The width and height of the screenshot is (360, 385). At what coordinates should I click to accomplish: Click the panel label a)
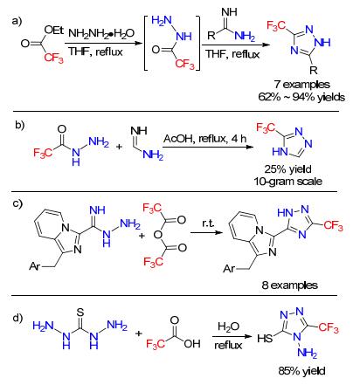[17, 21]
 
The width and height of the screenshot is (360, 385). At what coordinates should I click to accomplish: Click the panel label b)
[20, 125]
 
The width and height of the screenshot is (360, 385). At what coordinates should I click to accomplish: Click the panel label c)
[17, 203]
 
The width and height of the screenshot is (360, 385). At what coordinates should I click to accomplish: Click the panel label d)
[17, 318]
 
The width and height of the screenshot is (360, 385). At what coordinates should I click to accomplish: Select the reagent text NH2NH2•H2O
[101, 33]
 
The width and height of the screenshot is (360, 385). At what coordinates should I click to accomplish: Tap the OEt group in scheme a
[54, 30]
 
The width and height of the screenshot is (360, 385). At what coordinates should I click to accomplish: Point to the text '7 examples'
[302, 85]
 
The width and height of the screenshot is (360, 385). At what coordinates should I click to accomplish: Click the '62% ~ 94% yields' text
[301, 97]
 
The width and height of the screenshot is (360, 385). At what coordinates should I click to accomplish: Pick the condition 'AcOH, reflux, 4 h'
[204, 139]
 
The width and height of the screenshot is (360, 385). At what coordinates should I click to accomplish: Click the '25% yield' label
[287, 169]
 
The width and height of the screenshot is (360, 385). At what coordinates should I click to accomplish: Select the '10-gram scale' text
[287, 182]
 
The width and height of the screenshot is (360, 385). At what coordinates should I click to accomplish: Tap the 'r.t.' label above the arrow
[208, 223]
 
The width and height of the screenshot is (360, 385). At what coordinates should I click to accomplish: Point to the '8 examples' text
[289, 285]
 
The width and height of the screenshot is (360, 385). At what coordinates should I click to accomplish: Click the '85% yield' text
[301, 371]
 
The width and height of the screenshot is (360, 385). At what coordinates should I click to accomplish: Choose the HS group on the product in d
[265, 338]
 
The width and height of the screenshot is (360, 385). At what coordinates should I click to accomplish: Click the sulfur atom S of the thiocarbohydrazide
[80, 313]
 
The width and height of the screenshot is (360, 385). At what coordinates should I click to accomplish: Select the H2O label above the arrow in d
[229, 327]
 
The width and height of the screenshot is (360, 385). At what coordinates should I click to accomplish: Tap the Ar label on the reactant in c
[35, 266]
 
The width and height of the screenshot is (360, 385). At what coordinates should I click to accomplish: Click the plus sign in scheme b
[119, 147]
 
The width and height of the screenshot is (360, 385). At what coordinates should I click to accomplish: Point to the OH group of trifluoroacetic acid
[192, 344]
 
